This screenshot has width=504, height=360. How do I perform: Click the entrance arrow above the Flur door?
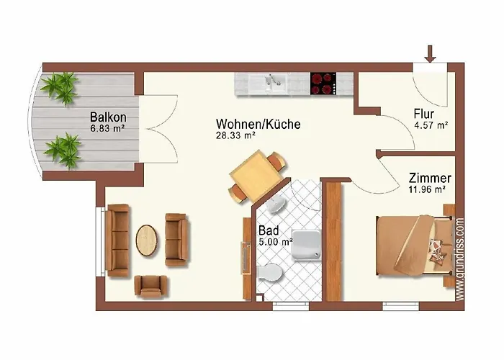point(430,54)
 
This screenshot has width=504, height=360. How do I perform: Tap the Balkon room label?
point(108,117)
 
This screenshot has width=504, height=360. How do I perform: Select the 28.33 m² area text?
point(236,135)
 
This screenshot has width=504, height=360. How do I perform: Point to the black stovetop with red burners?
point(323,84)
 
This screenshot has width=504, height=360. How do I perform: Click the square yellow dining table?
point(256,176)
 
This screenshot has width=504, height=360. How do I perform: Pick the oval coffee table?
point(147,240)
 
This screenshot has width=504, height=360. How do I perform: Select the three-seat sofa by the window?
point(117,240)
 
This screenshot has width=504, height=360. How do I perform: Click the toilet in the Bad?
point(270,274)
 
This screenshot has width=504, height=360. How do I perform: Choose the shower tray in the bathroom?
point(306,245)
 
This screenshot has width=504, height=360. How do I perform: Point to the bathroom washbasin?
point(276,204)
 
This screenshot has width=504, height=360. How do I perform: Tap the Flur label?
point(424,114)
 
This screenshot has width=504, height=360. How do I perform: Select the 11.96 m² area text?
point(427,189)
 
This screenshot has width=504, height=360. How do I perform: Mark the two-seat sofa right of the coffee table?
point(176,240)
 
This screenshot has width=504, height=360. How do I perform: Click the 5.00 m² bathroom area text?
point(276,242)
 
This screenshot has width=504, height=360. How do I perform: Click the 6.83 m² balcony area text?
point(107,129)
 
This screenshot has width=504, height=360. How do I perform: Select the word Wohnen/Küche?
point(258,124)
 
